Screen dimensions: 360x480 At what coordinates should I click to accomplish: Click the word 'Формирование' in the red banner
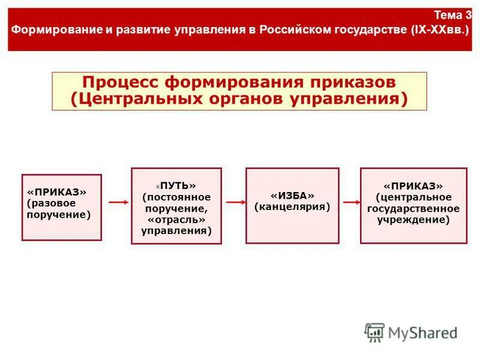[x=46, y=29]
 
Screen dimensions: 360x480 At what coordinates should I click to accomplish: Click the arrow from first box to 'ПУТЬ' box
[x=118, y=203]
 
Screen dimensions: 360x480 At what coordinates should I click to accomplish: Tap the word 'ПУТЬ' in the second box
[x=178, y=186]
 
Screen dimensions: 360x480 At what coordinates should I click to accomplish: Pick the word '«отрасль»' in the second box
[x=176, y=219]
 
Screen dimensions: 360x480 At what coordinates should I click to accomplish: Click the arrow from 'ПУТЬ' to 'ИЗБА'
[x=235, y=203]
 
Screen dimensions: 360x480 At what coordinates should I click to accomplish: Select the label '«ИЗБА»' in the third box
[x=292, y=196]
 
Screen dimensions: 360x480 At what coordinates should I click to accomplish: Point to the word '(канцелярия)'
[x=292, y=207]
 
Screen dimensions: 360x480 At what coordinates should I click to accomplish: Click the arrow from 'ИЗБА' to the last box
[x=349, y=203]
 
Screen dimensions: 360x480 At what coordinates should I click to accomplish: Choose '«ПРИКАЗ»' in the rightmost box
[x=413, y=186]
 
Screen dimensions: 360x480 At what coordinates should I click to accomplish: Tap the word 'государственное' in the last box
[x=413, y=208]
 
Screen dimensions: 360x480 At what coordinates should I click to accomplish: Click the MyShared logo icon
[x=374, y=332]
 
